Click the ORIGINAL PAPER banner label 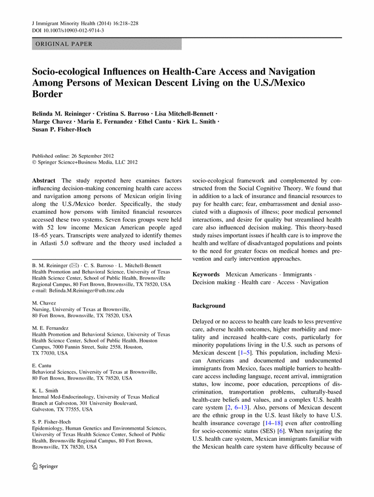[x=62, y=45]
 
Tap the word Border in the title [x=48, y=94]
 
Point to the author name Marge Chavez [x=52, y=121]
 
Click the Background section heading [x=209, y=306]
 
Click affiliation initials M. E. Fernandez [x=50, y=328]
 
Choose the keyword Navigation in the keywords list [x=314, y=282]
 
